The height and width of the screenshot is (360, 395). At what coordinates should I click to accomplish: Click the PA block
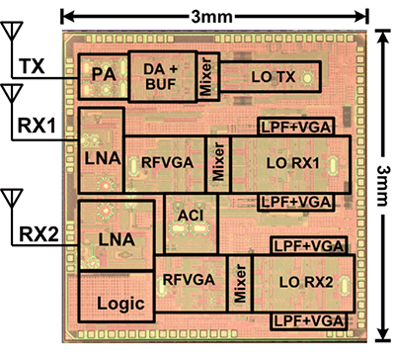[99, 76]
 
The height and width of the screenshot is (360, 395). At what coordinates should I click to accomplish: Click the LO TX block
[269, 77]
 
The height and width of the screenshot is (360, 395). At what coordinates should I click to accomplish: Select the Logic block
[118, 303]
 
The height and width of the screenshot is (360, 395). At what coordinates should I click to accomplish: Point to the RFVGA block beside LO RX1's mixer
[165, 164]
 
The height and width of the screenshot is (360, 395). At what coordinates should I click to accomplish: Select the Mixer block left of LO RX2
[238, 280]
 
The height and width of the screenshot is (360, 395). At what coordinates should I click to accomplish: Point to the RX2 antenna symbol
[13, 202]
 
